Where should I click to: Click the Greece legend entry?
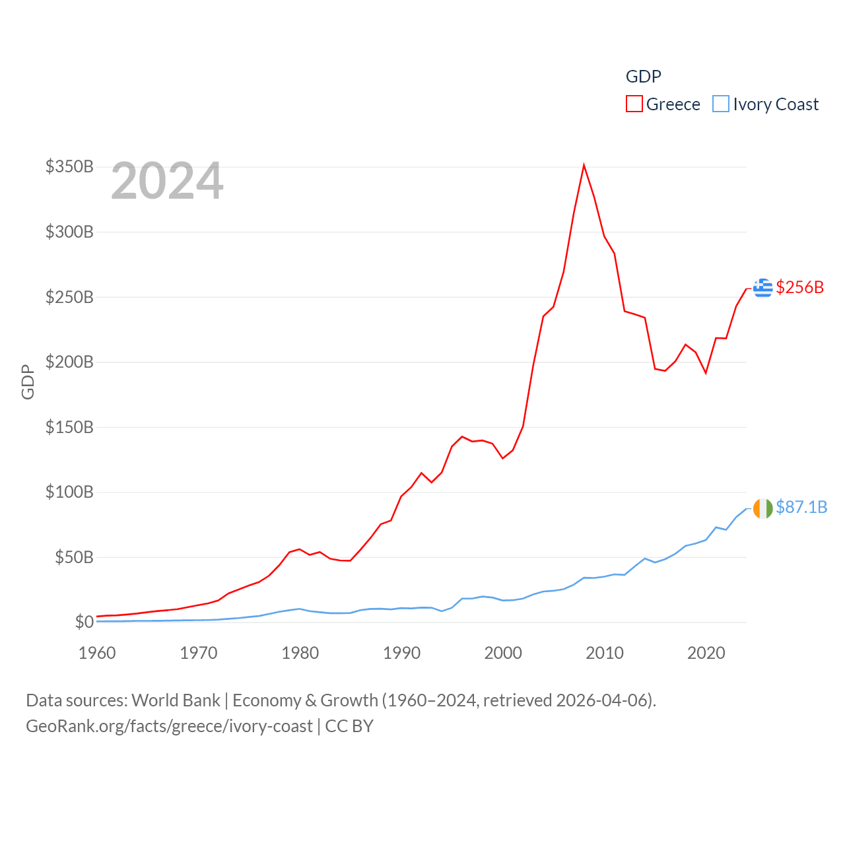[x=663, y=104]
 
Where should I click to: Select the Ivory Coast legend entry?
[x=766, y=104]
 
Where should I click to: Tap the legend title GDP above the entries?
[x=643, y=77]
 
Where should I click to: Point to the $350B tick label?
[x=69, y=166]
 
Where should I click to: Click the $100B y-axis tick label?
[x=69, y=492]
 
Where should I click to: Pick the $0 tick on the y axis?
[x=84, y=622]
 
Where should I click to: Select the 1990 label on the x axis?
[x=401, y=653]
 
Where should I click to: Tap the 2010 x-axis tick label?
[x=605, y=653]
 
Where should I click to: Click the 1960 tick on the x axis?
[x=97, y=653]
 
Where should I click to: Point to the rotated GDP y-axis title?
[x=28, y=382]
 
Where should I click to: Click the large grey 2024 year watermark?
[x=167, y=181]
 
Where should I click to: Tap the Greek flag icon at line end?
[x=762, y=288]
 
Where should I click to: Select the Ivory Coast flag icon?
[x=762, y=508]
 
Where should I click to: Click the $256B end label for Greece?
[x=800, y=287]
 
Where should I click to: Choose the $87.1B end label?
[x=801, y=507]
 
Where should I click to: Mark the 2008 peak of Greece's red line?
[x=584, y=165]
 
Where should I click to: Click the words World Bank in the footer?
[x=176, y=700]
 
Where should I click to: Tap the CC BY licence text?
[x=349, y=726]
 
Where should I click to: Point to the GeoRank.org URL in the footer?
[x=169, y=726]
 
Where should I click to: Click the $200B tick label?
[x=69, y=362]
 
